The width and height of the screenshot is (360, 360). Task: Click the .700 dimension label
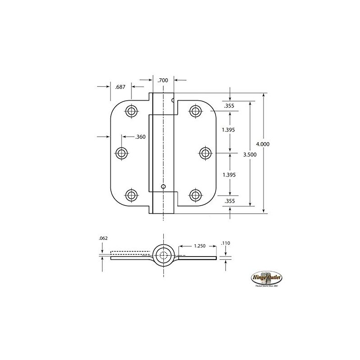tap(162, 80)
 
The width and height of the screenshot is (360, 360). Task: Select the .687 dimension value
tap(120, 86)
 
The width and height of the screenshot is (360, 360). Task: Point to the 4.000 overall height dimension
tap(263, 144)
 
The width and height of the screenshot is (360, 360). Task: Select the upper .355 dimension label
tap(228, 107)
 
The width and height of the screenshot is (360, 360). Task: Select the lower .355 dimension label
tap(229, 201)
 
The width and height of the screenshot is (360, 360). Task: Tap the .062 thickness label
tap(103, 238)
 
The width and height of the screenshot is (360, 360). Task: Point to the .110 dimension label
tap(226, 243)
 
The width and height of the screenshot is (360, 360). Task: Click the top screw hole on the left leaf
tap(131, 111)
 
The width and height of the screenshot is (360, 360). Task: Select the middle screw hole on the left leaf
tap(121, 153)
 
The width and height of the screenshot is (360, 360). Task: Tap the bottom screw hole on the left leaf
tap(131, 195)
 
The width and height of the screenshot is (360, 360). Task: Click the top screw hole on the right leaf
tap(195, 111)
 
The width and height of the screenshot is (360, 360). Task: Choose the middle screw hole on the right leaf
tap(205, 153)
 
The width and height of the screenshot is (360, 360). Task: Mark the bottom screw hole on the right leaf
tap(195, 195)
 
